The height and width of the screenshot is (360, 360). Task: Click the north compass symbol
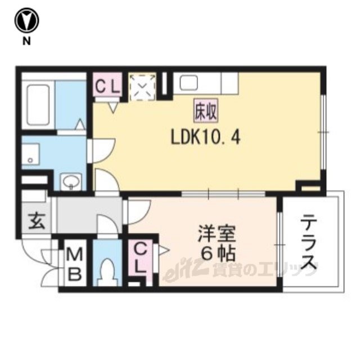coord(26,21)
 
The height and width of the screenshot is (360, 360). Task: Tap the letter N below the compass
coord(26,41)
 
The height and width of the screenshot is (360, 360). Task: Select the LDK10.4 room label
coord(205,138)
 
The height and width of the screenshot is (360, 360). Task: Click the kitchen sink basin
coord(189,83)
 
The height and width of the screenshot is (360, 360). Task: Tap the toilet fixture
coord(107,272)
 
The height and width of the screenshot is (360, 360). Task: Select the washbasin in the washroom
coord(71,181)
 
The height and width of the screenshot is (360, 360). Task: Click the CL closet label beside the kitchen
coord(107,87)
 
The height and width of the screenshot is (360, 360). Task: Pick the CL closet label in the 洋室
coord(140,258)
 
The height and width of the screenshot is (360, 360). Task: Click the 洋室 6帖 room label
coord(217,244)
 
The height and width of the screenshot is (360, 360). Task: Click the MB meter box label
coord(75,264)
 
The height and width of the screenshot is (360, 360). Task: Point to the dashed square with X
coord(142,87)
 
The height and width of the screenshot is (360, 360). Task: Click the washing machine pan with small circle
coord(30,154)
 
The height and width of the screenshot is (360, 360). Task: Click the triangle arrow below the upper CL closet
coord(113,107)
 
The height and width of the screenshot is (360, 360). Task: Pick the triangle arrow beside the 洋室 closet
coord(163,250)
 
